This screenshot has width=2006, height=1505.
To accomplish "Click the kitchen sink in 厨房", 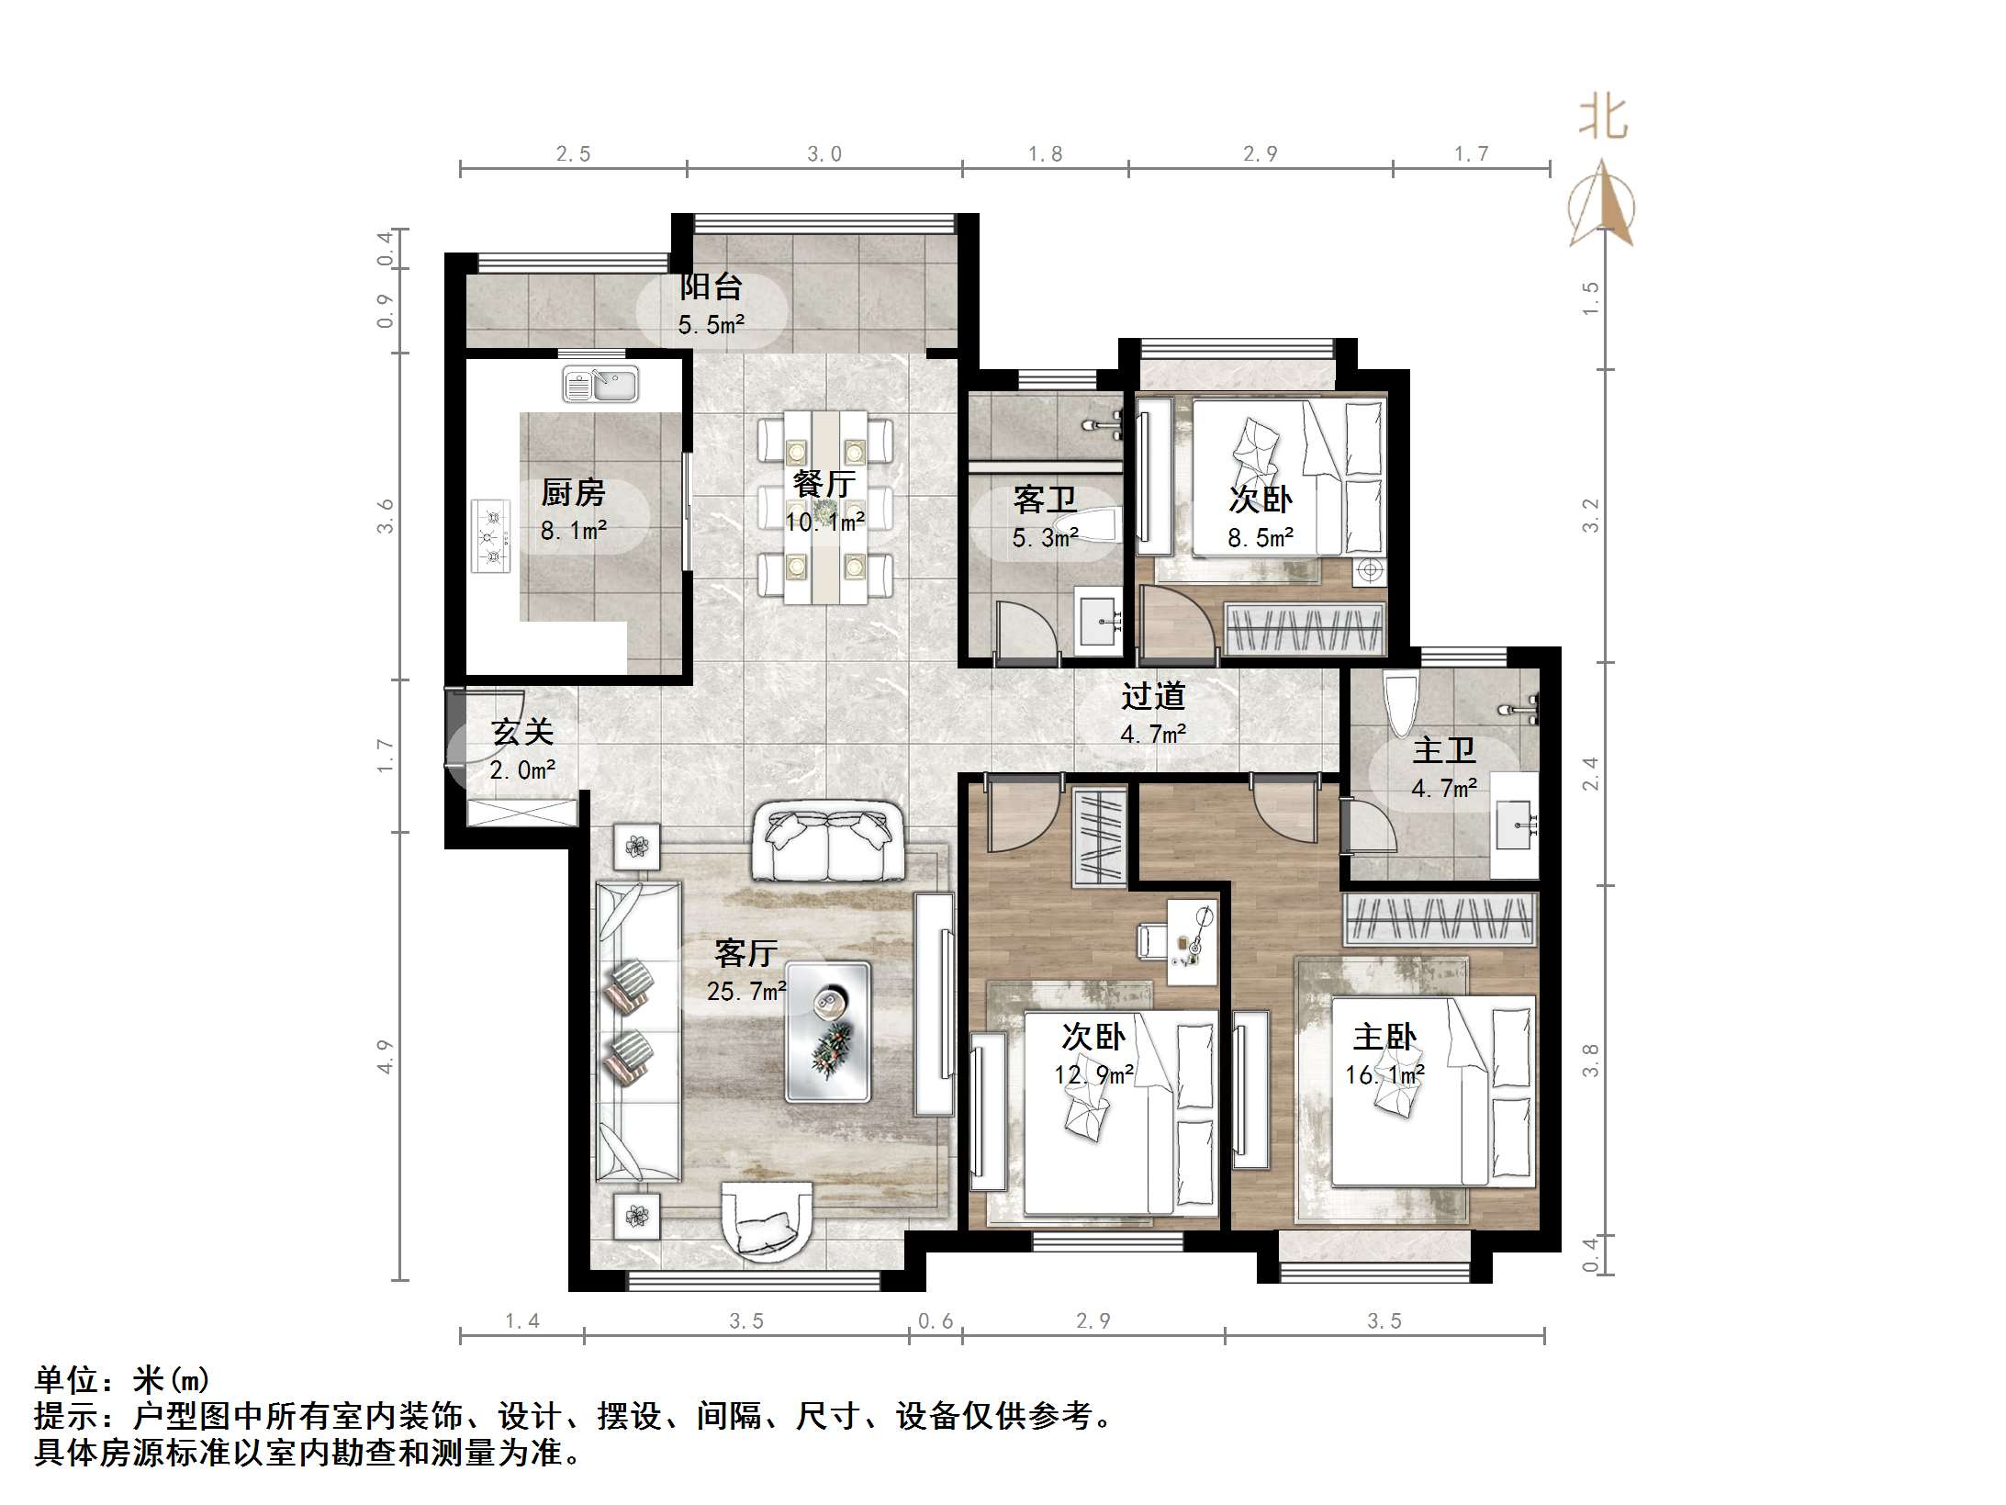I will click(x=600, y=384).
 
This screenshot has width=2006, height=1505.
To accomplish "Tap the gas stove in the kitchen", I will click(x=491, y=536).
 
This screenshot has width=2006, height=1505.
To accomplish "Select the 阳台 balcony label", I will click(x=711, y=286).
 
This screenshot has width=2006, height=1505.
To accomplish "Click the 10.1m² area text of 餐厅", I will click(x=824, y=522).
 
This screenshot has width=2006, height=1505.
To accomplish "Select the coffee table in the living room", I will click(x=827, y=1030).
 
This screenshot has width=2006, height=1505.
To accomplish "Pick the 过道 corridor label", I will click(x=1153, y=696).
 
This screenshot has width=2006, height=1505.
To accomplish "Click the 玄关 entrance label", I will click(x=521, y=732).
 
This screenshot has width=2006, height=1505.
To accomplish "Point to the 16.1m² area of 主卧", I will click(x=1384, y=1074).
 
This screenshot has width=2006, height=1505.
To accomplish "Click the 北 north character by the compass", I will click(x=1603, y=118).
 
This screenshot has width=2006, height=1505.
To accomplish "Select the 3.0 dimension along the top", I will click(x=824, y=154).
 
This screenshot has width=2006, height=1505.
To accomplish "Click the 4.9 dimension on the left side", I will click(x=385, y=1056).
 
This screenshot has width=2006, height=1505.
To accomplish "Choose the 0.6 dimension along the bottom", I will click(x=936, y=1320).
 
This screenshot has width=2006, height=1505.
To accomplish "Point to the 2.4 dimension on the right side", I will click(x=1590, y=773).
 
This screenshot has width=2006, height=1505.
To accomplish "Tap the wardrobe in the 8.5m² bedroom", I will click(x=1304, y=629).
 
